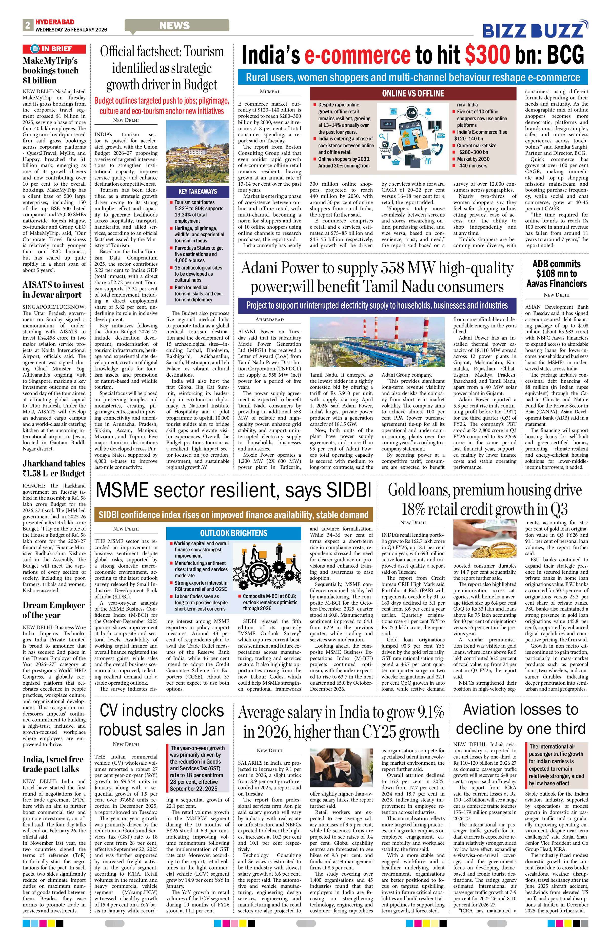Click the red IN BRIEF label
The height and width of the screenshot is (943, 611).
[54, 49]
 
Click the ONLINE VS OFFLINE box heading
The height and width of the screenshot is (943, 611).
[413, 93]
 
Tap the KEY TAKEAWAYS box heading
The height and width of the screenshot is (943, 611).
[197, 191]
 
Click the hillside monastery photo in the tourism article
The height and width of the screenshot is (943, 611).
[197, 152]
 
